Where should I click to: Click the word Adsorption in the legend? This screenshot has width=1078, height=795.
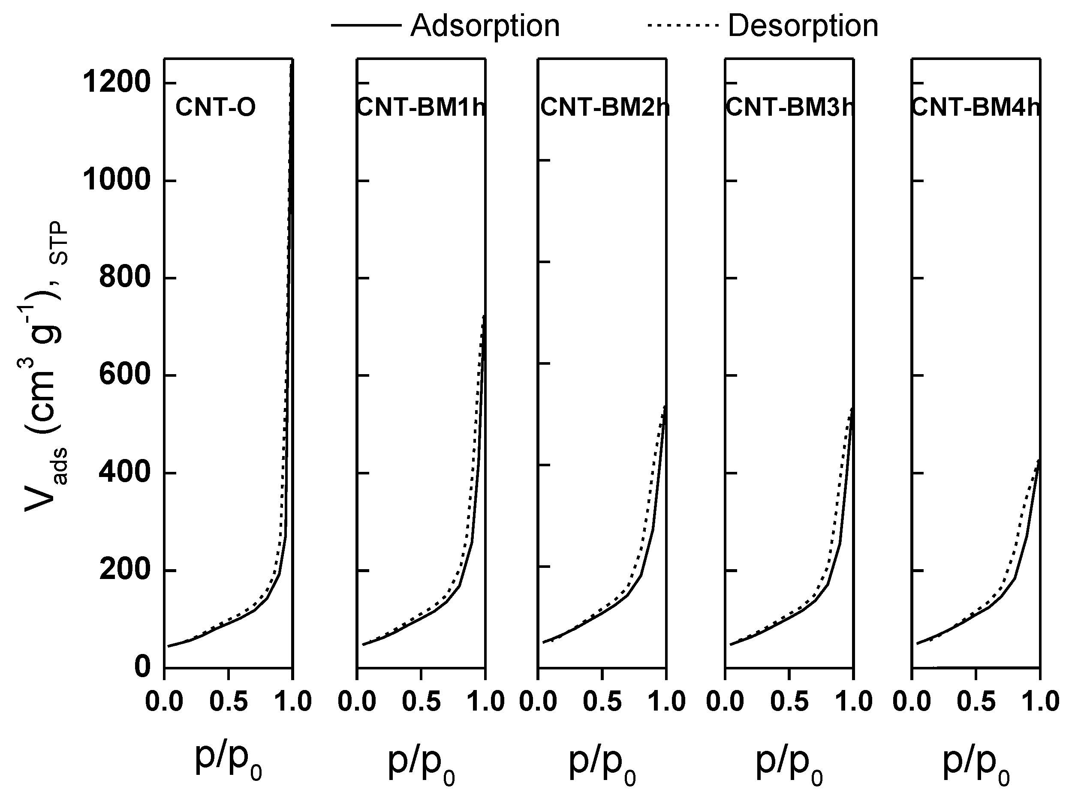click(485, 26)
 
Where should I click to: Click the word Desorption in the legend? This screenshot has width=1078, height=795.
click(803, 26)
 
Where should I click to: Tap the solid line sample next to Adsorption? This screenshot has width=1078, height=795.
click(366, 25)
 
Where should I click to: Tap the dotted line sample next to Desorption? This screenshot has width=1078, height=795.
click(683, 25)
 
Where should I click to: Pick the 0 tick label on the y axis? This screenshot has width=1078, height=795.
click(142, 667)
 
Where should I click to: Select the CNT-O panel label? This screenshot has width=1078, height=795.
click(215, 107)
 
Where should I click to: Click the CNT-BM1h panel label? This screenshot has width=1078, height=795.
click(421, 107)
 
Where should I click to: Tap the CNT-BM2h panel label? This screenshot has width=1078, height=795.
click(604, 107)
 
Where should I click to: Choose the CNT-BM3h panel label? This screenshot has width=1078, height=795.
click(789, 107)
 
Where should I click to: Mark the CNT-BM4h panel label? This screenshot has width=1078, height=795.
click(976, 107)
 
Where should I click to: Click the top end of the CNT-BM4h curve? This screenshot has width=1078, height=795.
click(1039, 460)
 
